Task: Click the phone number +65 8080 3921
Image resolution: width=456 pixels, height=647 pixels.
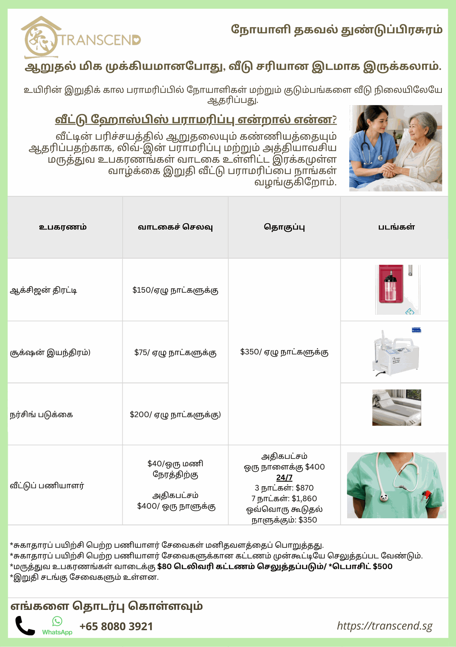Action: point(116,626)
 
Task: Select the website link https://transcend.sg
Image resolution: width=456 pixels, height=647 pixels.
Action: point(385,626)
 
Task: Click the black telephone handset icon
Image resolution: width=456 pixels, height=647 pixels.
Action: point(25,626)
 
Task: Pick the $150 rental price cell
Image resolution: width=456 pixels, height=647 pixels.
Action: point(175,290)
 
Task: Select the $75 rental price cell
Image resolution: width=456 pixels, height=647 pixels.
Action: point(175,352)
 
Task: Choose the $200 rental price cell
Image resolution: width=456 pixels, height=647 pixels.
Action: point(175,414)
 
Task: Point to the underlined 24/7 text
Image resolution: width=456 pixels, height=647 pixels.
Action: point(284,477)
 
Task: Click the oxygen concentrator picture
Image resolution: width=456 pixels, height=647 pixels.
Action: point(397,289)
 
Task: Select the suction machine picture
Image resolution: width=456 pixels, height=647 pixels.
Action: point(397,352)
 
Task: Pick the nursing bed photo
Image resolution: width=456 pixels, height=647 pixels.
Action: point(396,407)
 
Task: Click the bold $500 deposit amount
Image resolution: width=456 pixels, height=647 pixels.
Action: point(383,566)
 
